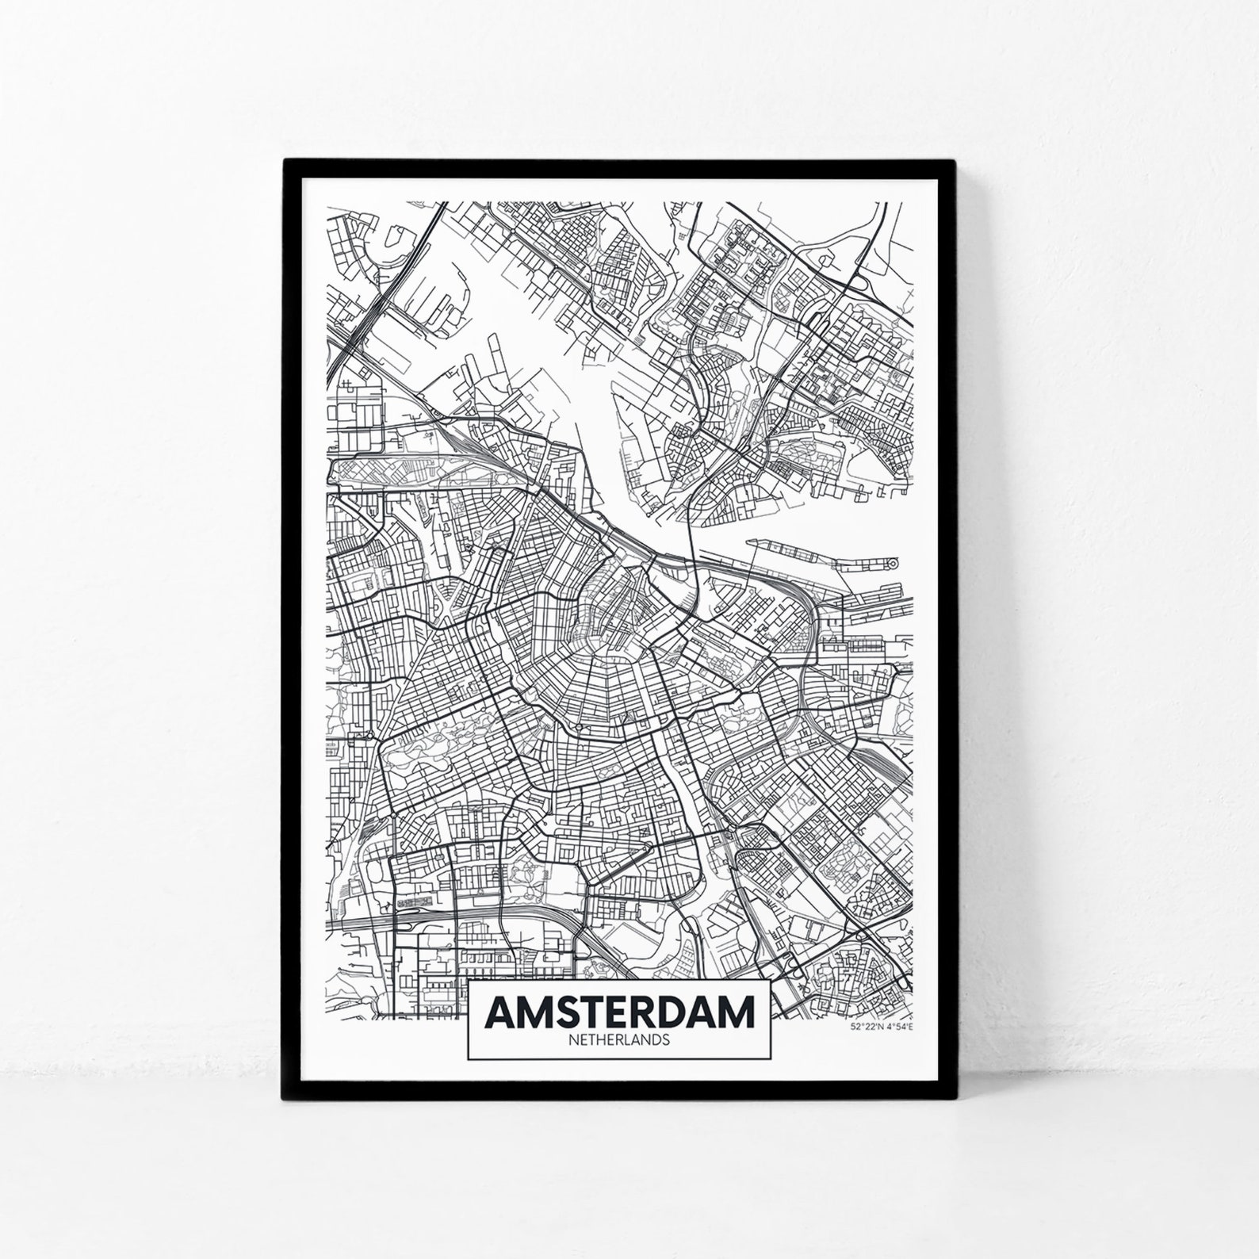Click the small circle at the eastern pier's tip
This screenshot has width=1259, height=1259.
pyautogui.click(x=893, y=563)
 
